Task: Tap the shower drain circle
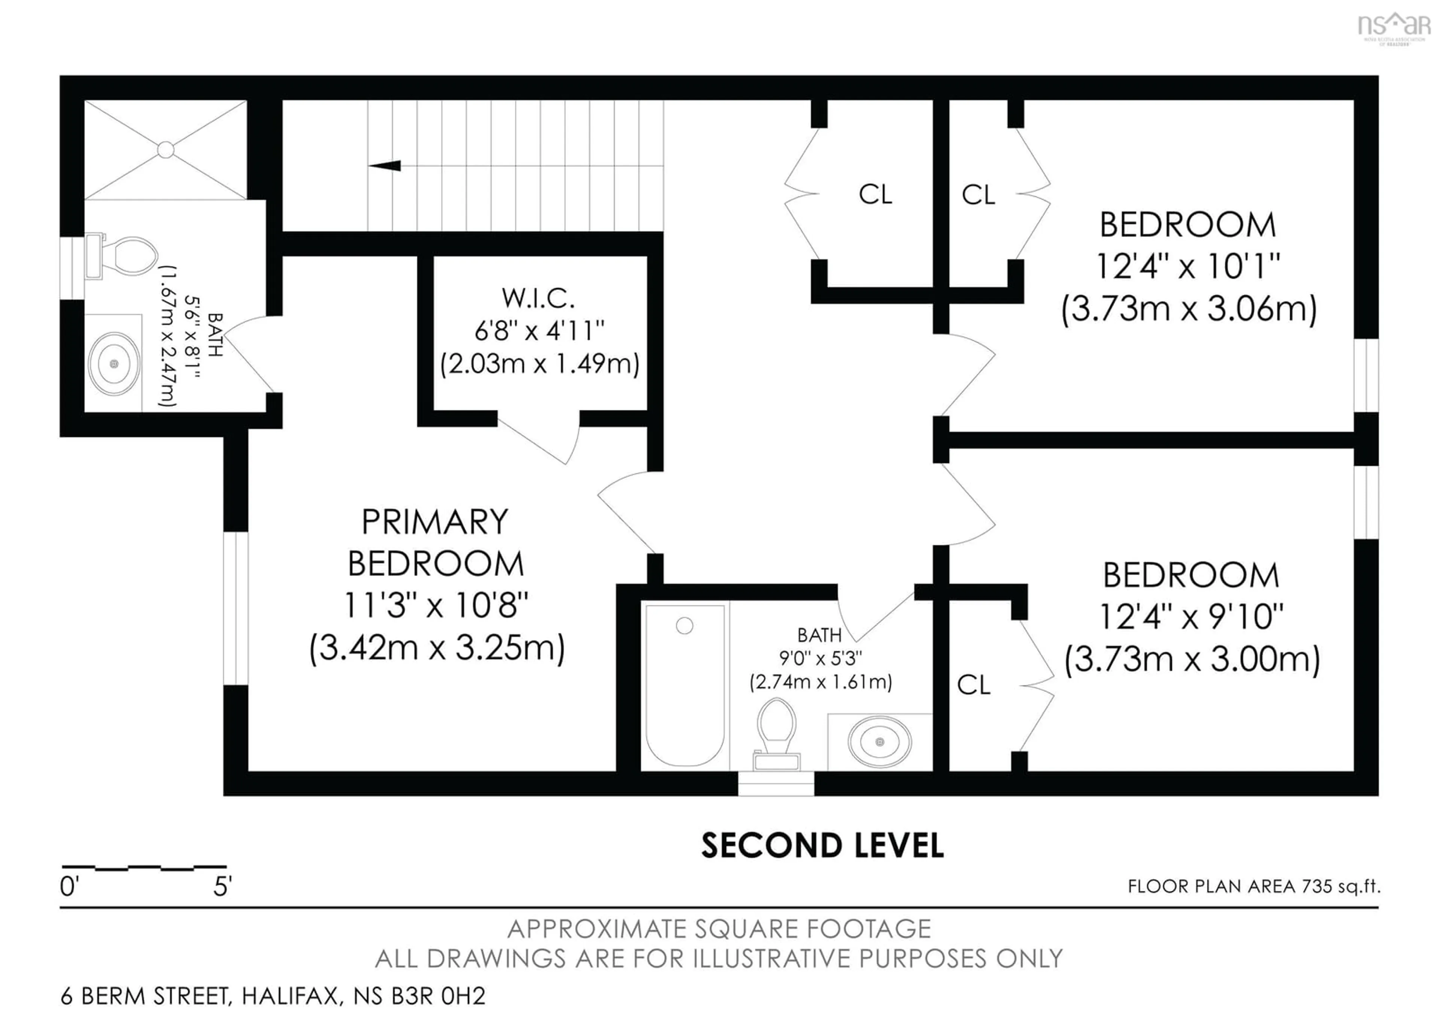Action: pyautogui.click(x=166, y=150)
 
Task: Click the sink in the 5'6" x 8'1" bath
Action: pyautogui.click(x=113, y=363)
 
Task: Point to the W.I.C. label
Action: pyautogui.click(x=539, y=298)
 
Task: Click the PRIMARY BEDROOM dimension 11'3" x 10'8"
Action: pyautogui.click(x=436, y=605)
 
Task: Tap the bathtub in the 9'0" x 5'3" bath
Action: pyautogui.click(x=685, y=685)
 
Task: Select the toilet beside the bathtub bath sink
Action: pyautogui.click(x=777, y=733)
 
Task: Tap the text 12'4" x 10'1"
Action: pyautogui.click(x=1187, y=267)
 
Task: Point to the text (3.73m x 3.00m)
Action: pyautogui.click(x=1192, y=660)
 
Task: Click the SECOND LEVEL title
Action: pyautogui.click(x=822, y=846)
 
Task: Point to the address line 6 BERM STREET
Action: pyautogui.click(x=273, y=996)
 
